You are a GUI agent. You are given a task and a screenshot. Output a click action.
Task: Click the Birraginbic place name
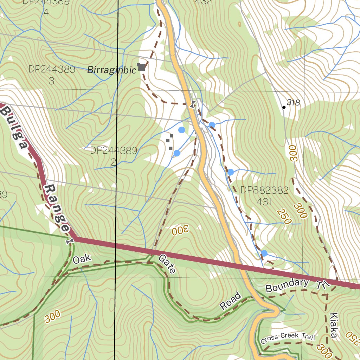tap(111, 70)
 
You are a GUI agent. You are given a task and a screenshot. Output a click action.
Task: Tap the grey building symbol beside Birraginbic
tap(142, 67)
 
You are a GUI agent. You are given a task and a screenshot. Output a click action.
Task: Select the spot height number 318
tap(294, 103)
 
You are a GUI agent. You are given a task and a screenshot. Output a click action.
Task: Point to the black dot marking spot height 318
tap(284, 107)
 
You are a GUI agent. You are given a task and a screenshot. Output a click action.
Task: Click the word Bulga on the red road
tap(13, 127)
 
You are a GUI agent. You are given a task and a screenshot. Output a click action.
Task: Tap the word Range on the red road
tap(57, 208)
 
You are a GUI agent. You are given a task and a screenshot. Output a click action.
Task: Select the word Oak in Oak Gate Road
tap(82, 259)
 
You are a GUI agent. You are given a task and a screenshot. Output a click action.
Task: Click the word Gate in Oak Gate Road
tap(167, 264)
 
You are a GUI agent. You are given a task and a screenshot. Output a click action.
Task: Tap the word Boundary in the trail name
tap(287, 285)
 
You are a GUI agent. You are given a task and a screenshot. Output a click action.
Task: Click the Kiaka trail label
tap(333, 325)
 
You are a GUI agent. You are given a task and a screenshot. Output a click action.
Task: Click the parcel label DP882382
tap(264, 191)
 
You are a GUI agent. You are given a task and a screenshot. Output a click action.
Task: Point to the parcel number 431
tap(264, 202)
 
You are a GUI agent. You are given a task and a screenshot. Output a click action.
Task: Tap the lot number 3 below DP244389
tap(52, 81)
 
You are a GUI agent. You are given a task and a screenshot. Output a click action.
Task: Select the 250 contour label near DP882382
tap(284, 217)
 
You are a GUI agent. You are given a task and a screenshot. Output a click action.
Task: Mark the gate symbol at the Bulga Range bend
tap(70, 241)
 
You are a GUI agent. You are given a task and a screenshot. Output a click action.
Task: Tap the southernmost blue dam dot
tap(264, 253)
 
